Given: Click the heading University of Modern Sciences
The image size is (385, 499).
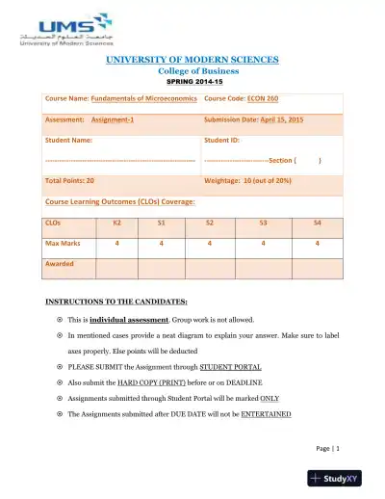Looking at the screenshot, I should click(x=192, y=60).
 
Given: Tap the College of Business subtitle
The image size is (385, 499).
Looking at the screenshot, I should click(x=192, y=70).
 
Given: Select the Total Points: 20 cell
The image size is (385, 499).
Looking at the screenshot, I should click(x=69, y=180).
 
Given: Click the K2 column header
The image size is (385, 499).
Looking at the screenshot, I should click(x=117, y=223).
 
